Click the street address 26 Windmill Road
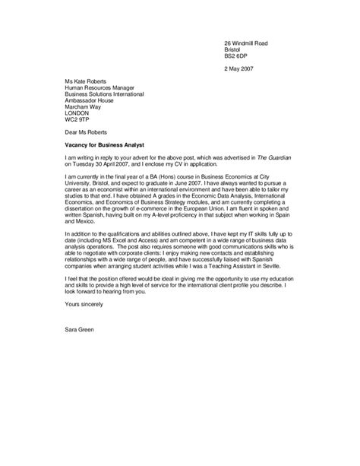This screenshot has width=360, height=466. [246, 43]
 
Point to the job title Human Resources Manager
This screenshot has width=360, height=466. [102, 87]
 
